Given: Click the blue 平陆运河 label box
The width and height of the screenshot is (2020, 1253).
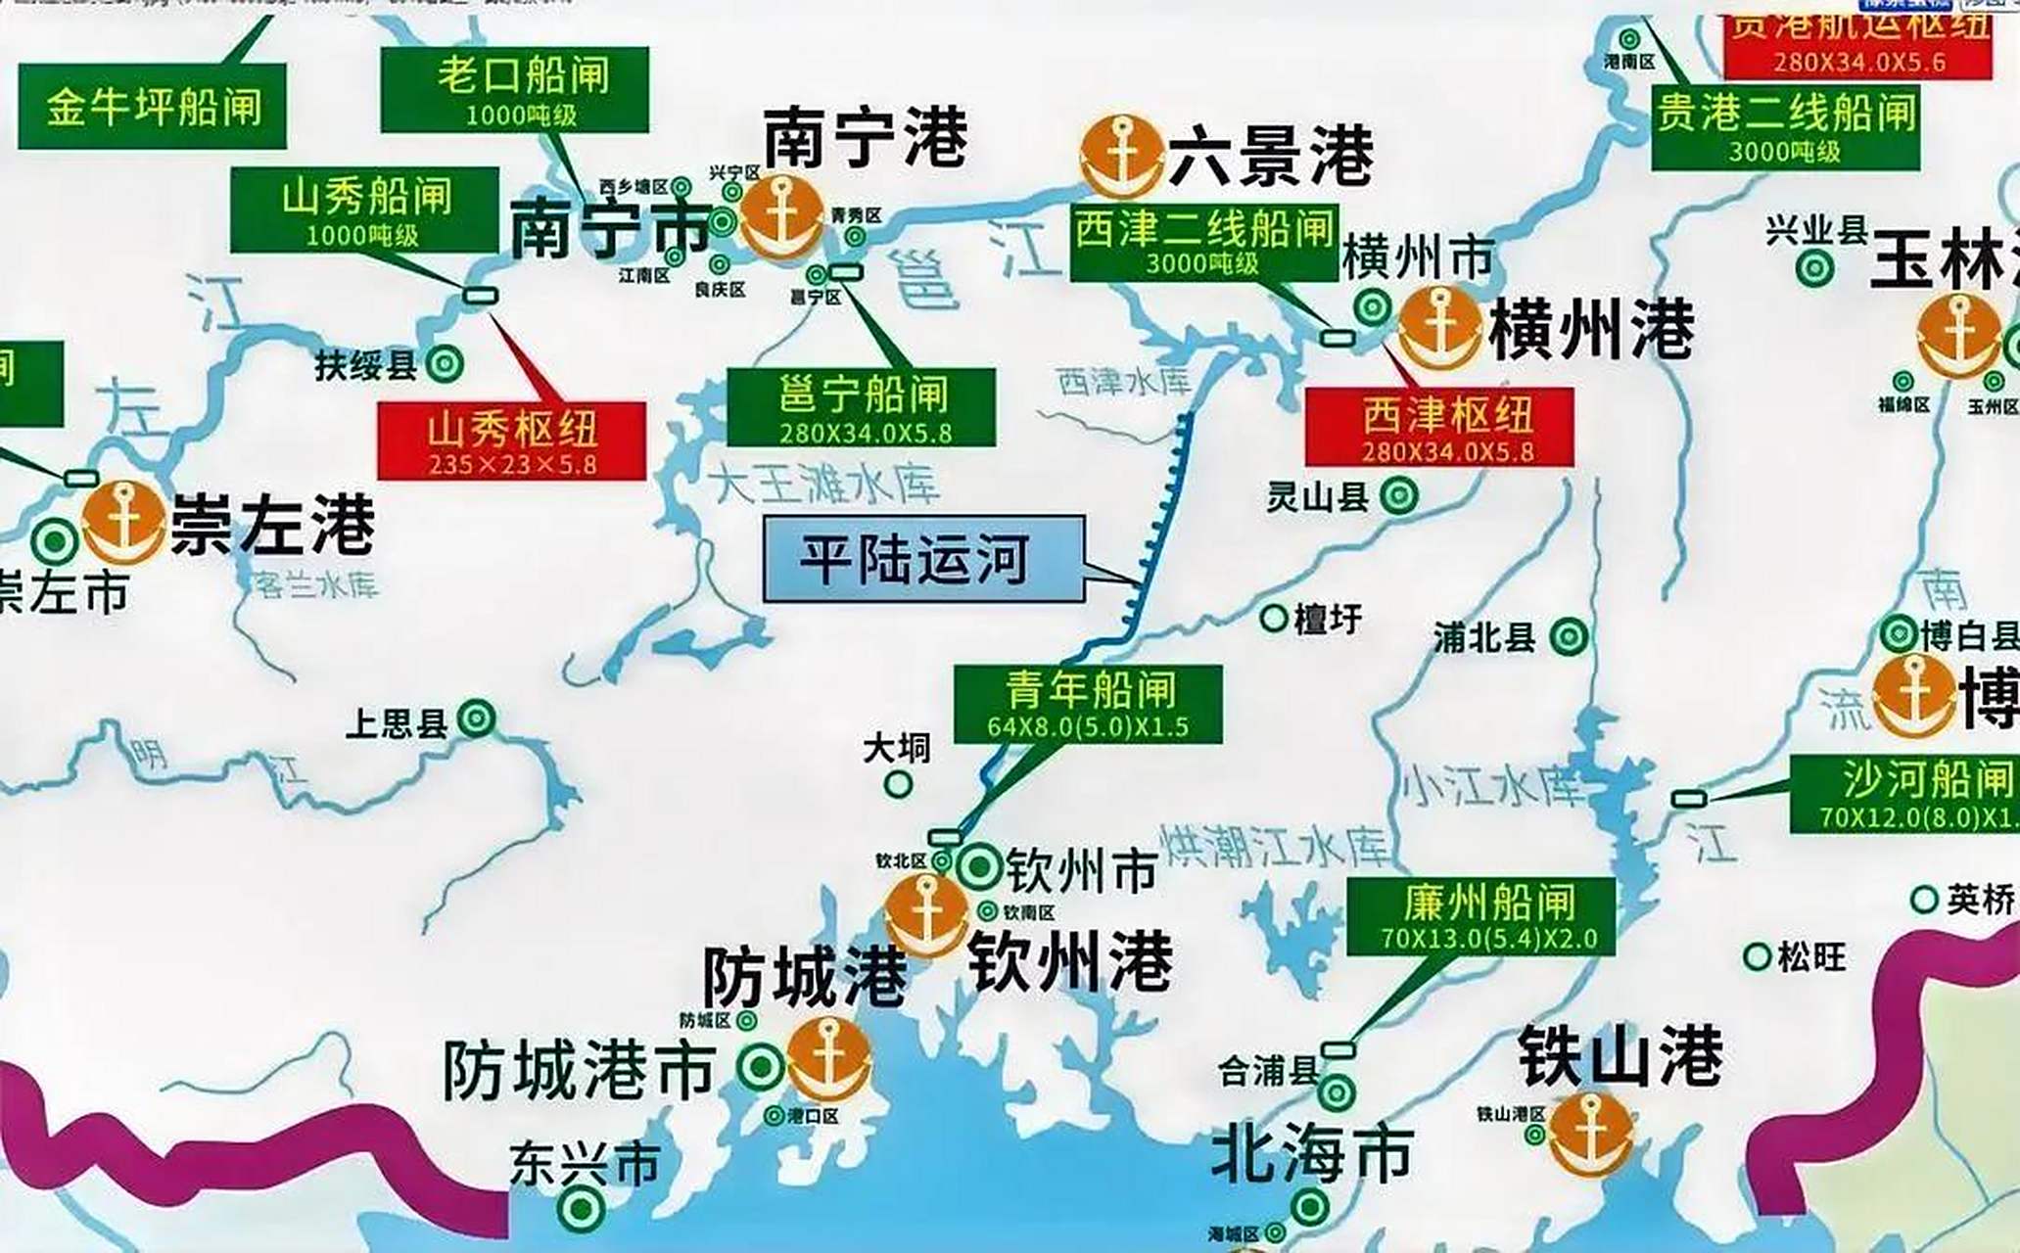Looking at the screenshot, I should pos(923,558).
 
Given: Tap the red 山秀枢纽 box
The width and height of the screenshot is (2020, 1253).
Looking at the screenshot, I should pos(511,441).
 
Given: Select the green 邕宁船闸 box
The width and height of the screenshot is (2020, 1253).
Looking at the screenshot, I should pos(861,407).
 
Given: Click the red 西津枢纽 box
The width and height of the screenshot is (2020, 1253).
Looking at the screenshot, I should pos(1439,427).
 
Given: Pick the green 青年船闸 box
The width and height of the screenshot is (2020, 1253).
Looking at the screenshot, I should pos(1088,704).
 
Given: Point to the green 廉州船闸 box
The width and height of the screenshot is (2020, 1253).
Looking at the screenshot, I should pos(1480,915).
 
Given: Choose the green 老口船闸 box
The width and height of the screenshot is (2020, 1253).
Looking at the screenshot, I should pos(514,89).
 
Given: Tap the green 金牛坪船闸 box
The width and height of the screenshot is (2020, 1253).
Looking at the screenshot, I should pos(152,107).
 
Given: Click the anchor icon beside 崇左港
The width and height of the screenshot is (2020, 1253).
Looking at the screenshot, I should pos(123,522).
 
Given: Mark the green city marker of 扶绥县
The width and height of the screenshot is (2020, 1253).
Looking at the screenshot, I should pos(446,364).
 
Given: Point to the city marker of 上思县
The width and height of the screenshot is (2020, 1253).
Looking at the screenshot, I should pos(477,719).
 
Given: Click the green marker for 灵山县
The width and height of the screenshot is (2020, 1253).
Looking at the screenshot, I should pos(1399,496).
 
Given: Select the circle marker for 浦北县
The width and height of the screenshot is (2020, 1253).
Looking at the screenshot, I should pos(1569,637).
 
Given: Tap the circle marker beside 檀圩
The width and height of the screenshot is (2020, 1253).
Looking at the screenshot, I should pos(1274,618).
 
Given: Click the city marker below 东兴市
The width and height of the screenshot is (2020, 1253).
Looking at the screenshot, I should pos(582,1209).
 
